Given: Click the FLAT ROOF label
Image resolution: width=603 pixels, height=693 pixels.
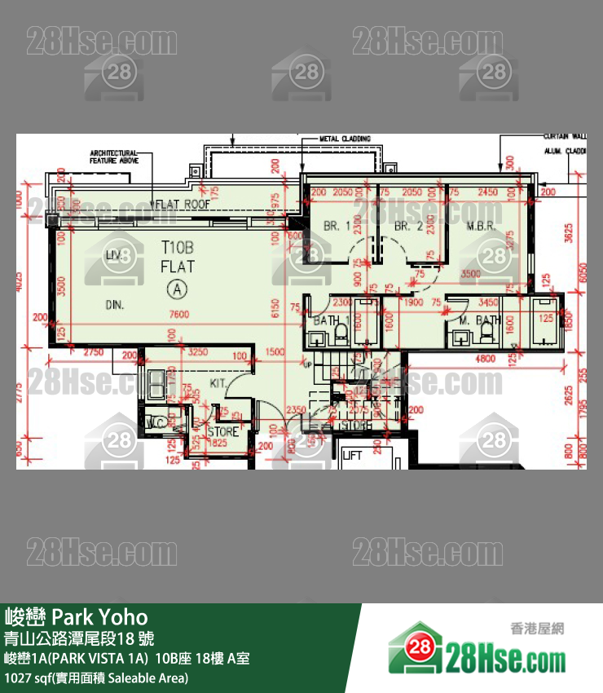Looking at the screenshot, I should (x=183, y=204).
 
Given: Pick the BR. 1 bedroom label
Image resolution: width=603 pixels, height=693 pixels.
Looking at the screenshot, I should (x=337, y=226).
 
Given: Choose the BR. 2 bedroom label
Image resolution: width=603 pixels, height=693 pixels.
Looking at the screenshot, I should (x=408, y=226).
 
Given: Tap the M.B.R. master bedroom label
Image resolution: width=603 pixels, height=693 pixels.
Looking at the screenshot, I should (x=482, y=226).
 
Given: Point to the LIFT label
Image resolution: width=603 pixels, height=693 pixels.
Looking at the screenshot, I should (x=352, y=456).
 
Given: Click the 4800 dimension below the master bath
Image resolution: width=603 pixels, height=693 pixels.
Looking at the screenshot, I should (x=486, y=358).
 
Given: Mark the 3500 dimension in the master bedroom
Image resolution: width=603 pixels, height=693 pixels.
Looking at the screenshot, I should (x=470, y=275).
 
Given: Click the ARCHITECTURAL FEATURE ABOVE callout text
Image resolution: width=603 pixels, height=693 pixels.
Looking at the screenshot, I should (x=114, y=157).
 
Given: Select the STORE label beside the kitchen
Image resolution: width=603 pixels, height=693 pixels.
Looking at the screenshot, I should (x=223, y=432).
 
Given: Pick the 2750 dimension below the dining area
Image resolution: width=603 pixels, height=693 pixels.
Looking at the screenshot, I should (x=94, y=351).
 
